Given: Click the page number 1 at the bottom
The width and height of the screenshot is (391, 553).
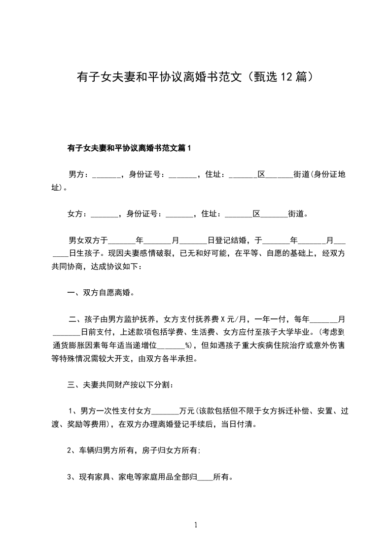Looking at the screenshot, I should pos(196,525).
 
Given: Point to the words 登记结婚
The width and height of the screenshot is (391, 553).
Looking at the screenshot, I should pos(227,241).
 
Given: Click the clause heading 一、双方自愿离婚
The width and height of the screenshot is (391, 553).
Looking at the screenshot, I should pos(101,293).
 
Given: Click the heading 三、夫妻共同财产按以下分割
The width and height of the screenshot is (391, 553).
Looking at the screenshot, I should pos(120,384).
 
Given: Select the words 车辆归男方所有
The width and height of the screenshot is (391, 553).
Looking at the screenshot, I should pos(105,449).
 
